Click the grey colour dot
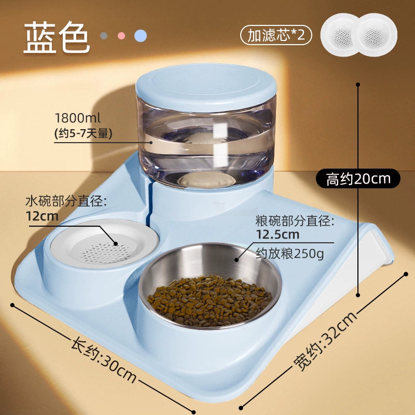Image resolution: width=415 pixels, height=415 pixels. point(104,36)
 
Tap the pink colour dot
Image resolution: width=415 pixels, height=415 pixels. point(121,36)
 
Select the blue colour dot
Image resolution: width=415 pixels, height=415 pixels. point(141,36)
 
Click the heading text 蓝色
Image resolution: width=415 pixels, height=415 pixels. point(57,37)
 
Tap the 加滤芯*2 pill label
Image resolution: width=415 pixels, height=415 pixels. point(276,35)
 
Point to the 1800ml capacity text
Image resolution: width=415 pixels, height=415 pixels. point(77,118)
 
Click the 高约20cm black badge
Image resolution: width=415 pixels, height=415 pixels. point(358,178)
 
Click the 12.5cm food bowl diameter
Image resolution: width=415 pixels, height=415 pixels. point(278,234)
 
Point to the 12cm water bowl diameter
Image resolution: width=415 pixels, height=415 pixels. point(42,216)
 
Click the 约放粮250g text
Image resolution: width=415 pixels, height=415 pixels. point(290,254)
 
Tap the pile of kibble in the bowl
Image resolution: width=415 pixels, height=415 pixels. point(210,300)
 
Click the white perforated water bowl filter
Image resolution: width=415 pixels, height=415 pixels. point(104,244)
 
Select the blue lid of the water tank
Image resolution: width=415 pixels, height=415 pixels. point(206,87)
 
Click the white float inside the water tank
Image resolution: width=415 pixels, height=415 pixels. point(206,180)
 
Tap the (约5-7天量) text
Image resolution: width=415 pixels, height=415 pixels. point(84,134)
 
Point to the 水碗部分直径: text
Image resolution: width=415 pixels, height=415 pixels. point(66,201)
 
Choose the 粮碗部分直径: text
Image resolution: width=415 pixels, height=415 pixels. point(295,221)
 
